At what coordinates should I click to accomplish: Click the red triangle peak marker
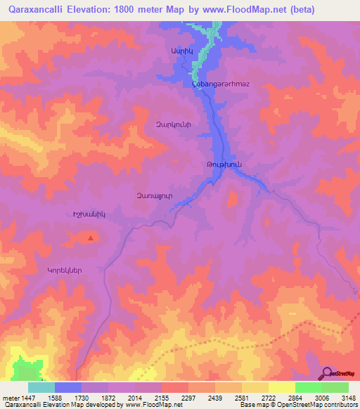91,238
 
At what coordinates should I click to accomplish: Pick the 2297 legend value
188,398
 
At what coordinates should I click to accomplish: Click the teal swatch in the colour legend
41,387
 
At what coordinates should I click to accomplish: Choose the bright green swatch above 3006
309,387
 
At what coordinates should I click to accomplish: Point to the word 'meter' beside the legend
10,398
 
